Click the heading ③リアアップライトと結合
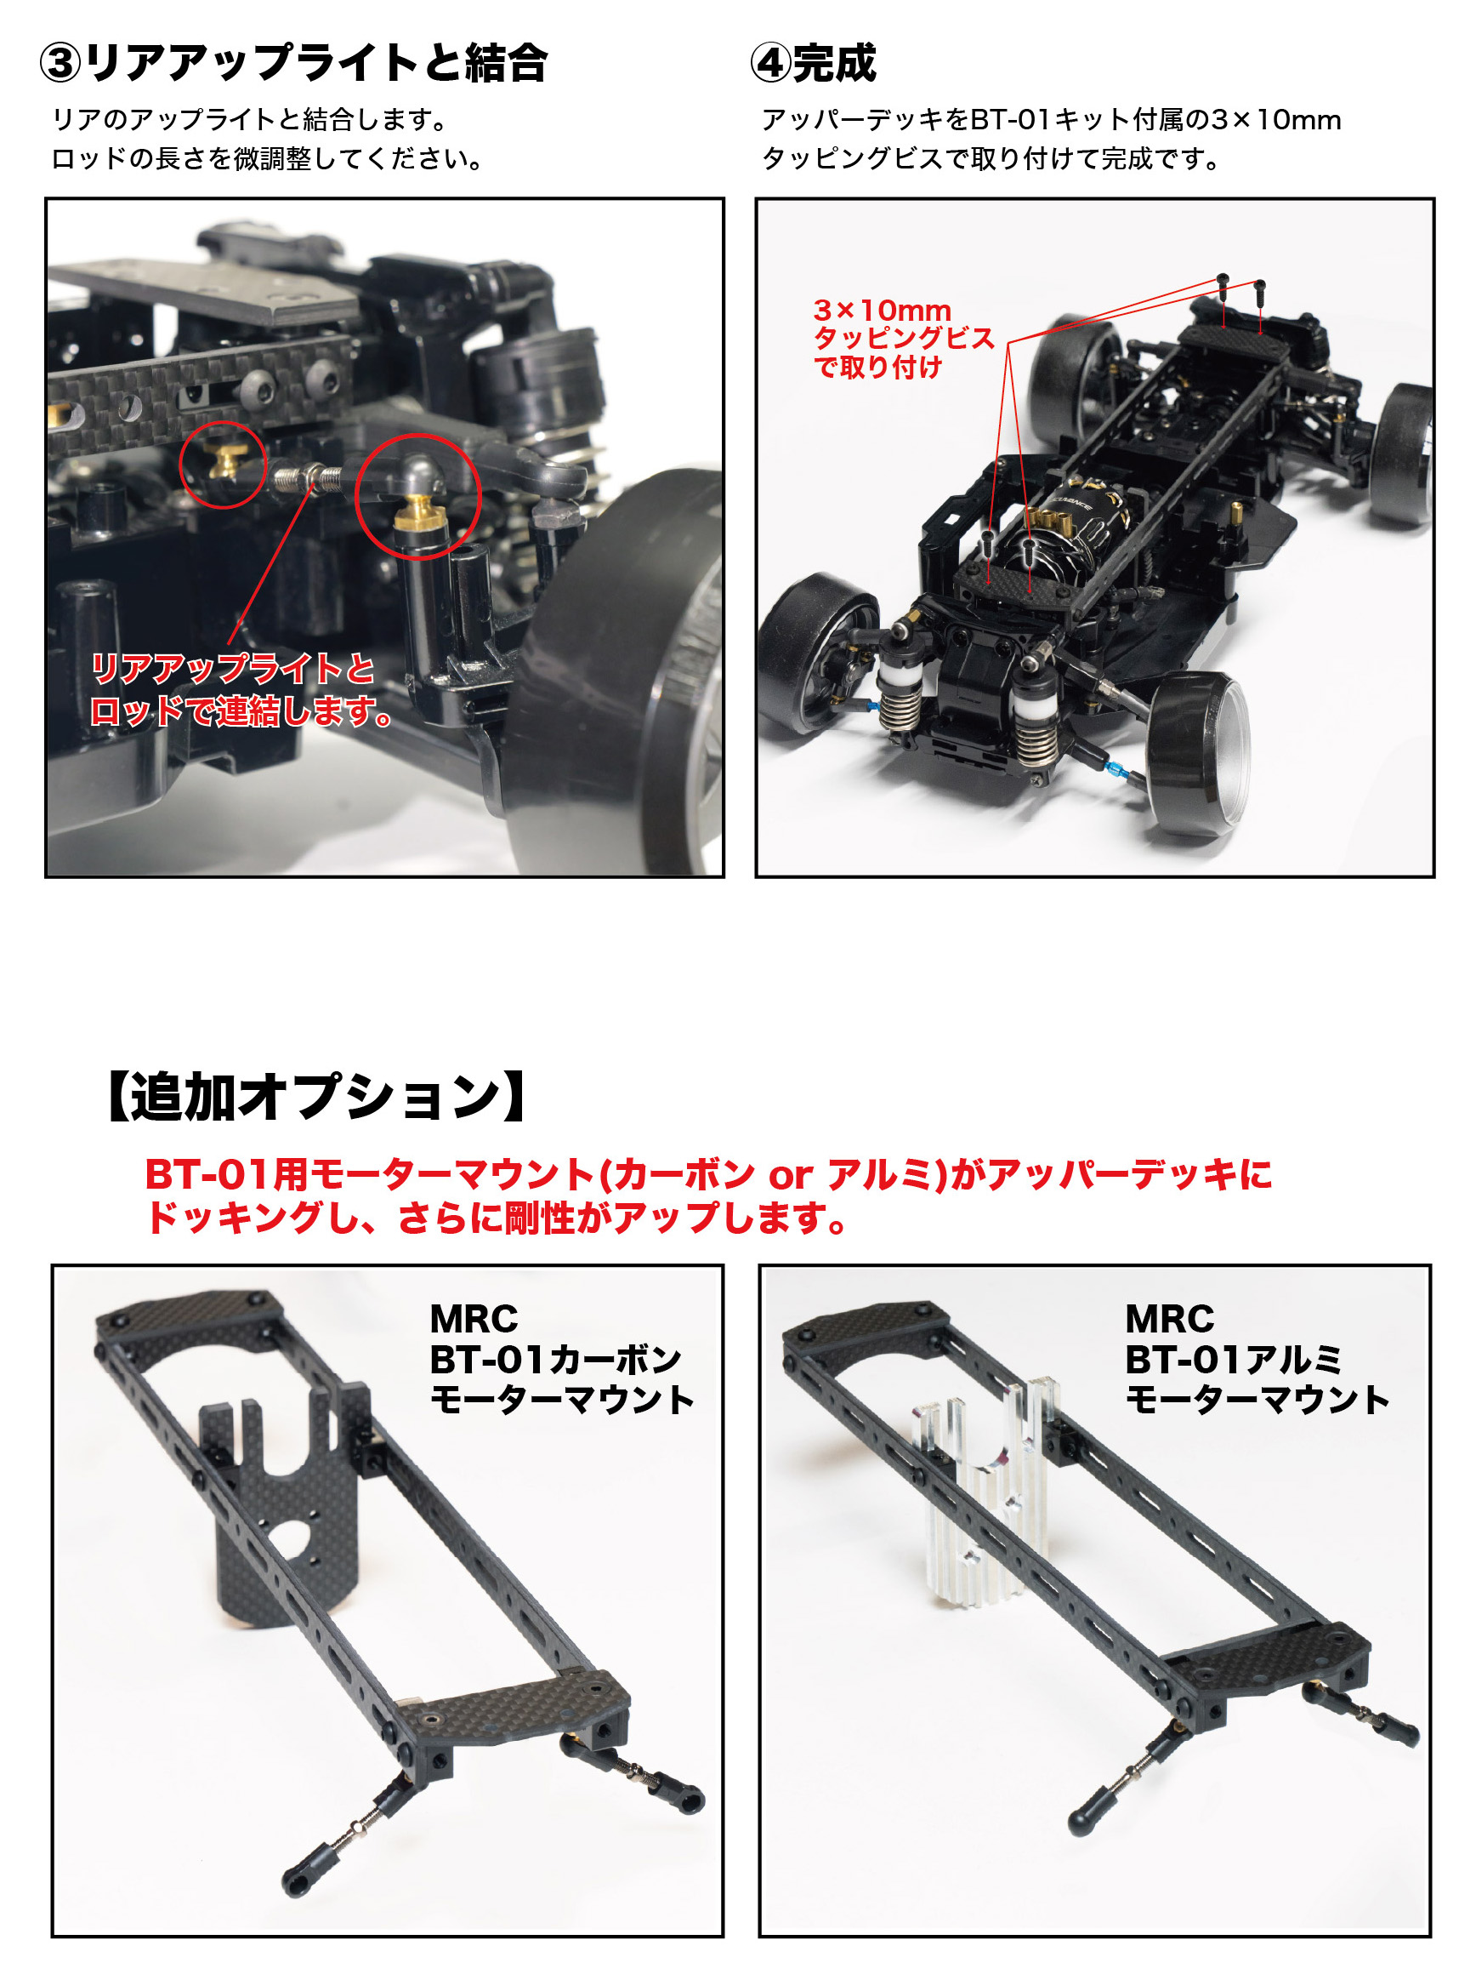(x=293, y=64)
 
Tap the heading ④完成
(x=814, y=64)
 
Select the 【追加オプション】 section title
(x=317, y=1097)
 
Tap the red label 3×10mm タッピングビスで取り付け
(x=903, y=338)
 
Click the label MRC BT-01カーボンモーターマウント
(x=562, y=1359)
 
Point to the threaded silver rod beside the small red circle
(x=306, y=479)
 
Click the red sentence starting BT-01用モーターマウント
(x=708, y=1173)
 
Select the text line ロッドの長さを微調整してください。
(x=268, y=159)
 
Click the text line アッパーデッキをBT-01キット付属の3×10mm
(x=1052, y=120)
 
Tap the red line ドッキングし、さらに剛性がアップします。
(x=497, y=1218)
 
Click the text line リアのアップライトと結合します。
(x=250, y=120)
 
